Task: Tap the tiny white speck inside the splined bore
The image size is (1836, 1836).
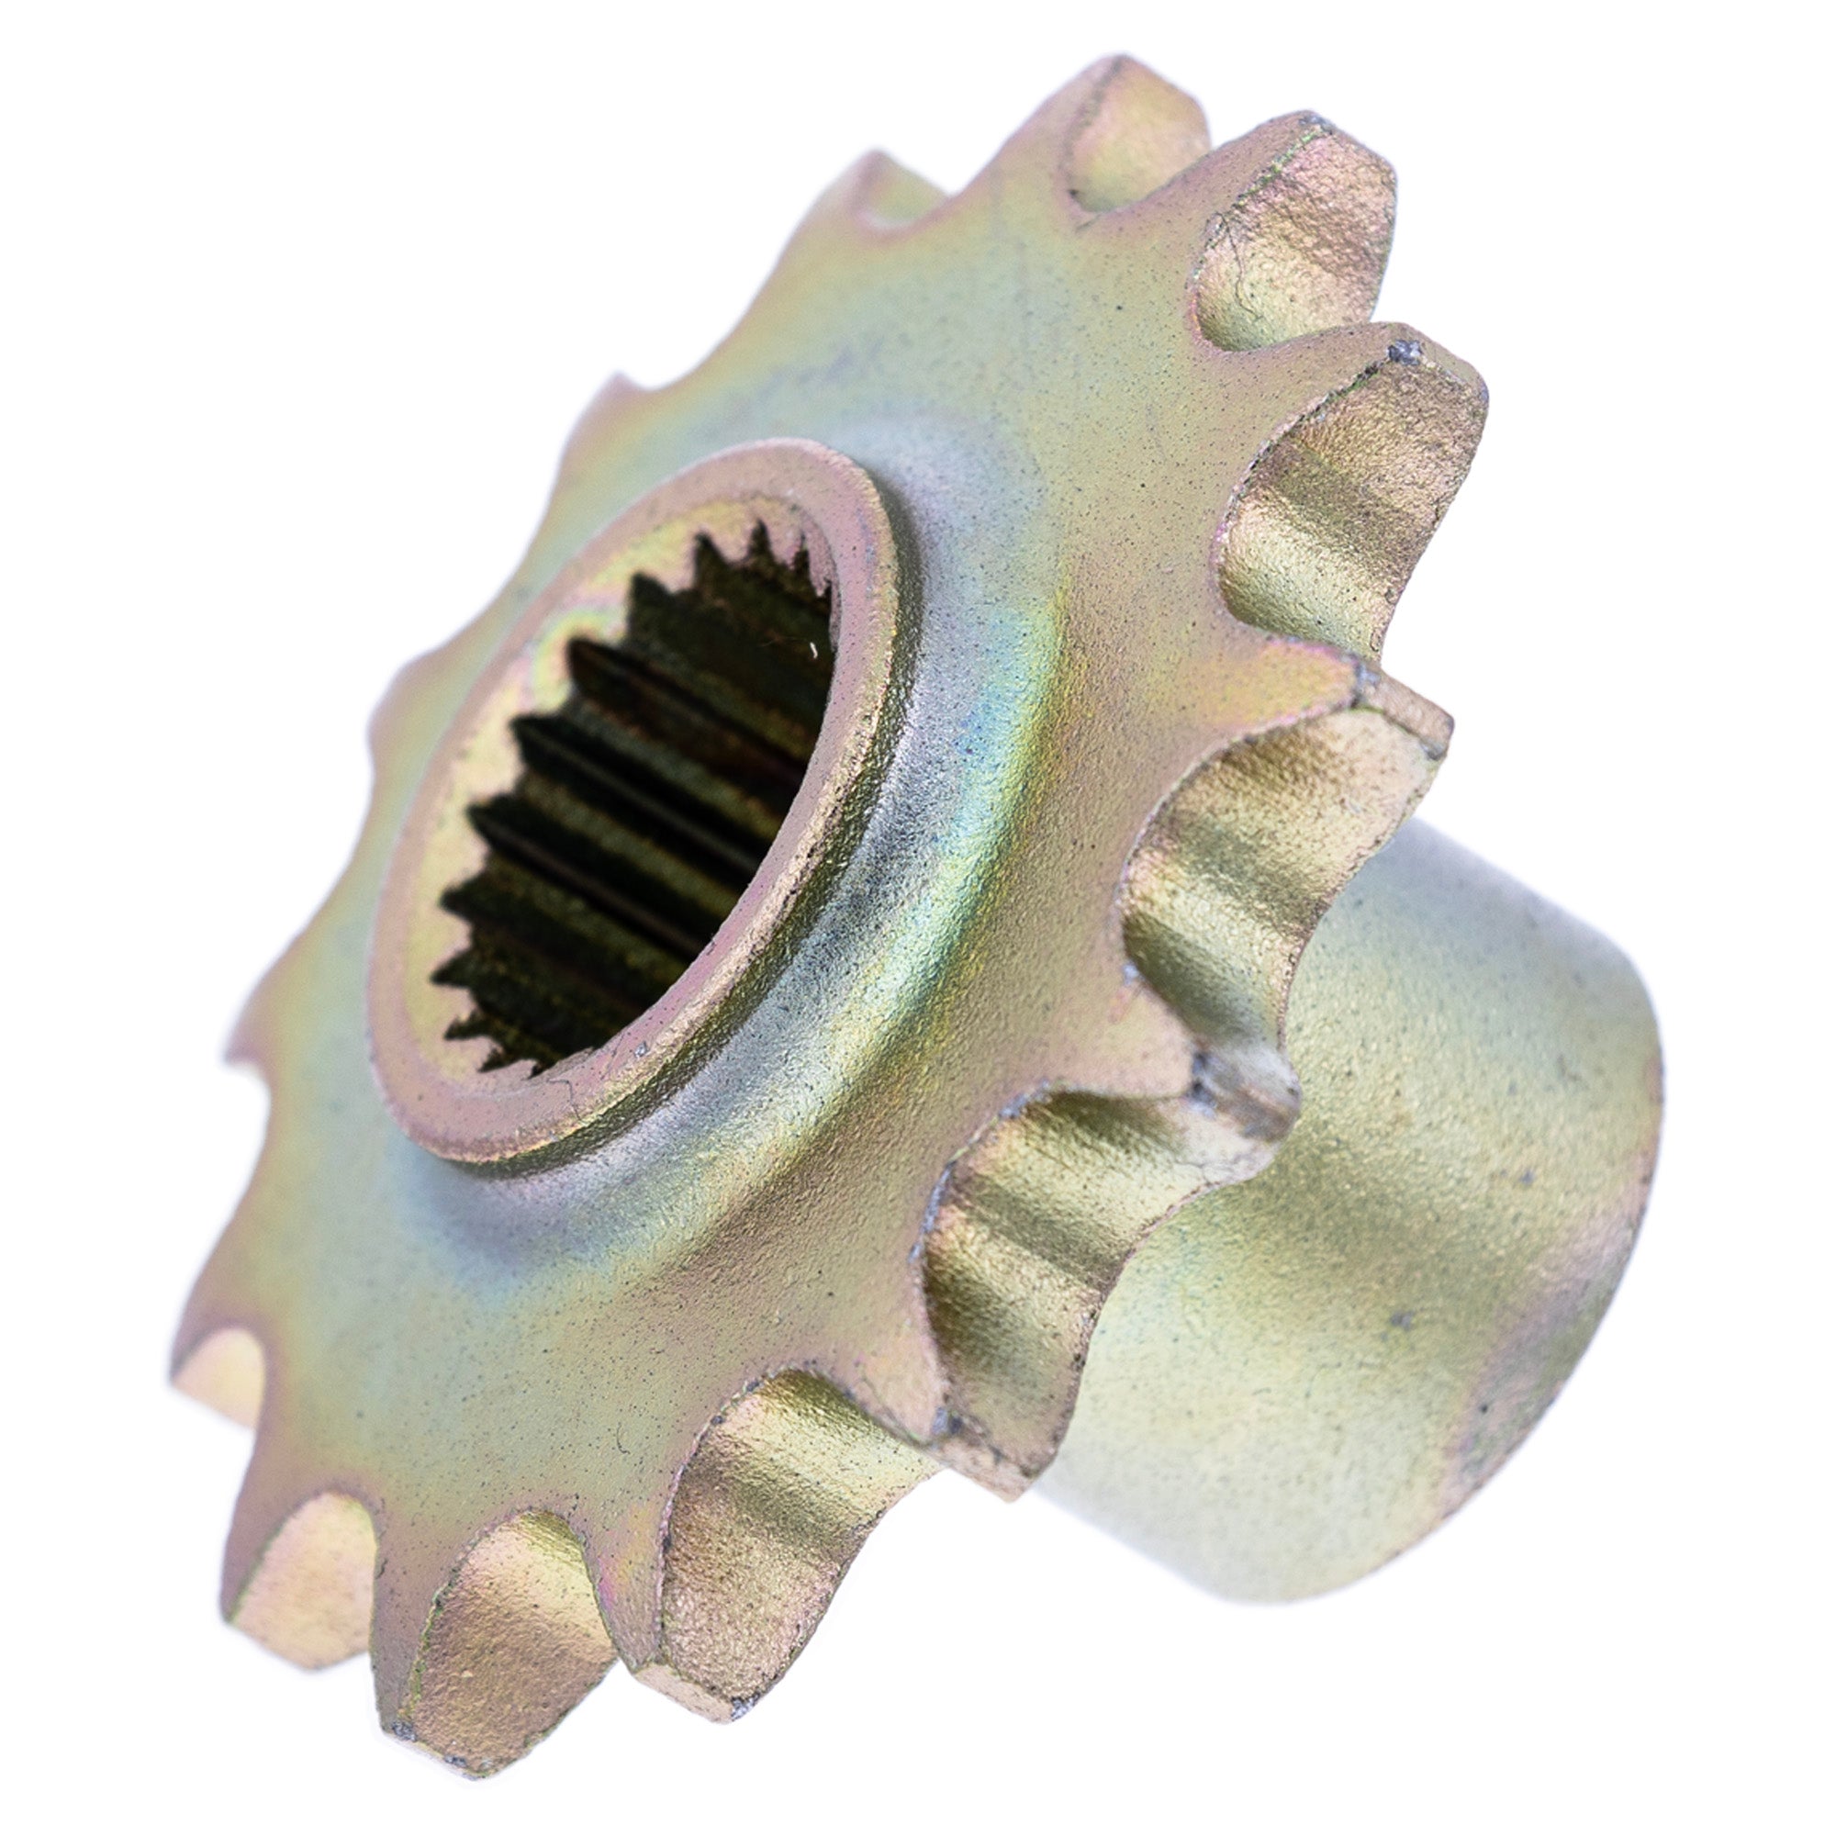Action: click(814, 650)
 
